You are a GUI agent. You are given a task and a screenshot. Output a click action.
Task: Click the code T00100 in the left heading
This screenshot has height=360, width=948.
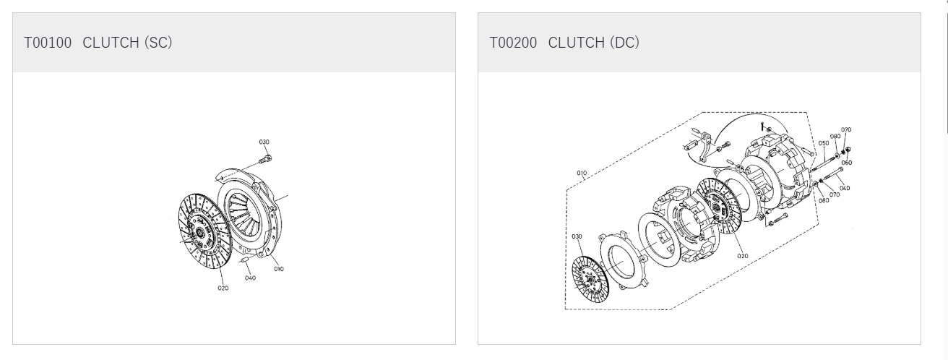tap(48, 43)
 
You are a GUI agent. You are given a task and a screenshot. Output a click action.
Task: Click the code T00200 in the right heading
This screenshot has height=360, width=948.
tap(513, 43)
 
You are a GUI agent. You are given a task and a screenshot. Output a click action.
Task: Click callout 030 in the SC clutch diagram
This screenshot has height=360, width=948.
tap(264, 142)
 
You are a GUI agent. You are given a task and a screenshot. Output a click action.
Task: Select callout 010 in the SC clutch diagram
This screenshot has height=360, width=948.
tap(278, 269)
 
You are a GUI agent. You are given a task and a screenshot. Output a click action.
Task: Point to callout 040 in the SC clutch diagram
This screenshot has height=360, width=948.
tap(250, 278)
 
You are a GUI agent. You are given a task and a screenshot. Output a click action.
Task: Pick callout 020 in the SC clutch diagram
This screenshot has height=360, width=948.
tap(223, 288)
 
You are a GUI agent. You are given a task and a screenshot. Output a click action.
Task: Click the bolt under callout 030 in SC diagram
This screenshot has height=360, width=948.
tap(264, 160)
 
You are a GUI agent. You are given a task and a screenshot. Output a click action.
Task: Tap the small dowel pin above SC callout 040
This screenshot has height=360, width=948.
tap(246, 260)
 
